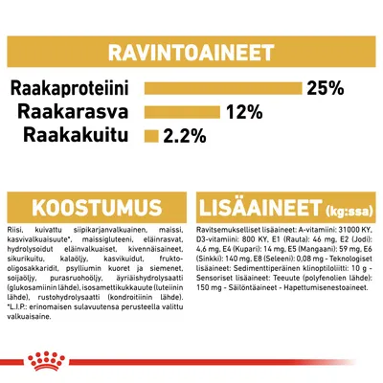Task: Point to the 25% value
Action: pyautogui.click(x=324, y=89)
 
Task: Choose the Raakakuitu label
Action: pyautogui.click(x=87, y=135)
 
